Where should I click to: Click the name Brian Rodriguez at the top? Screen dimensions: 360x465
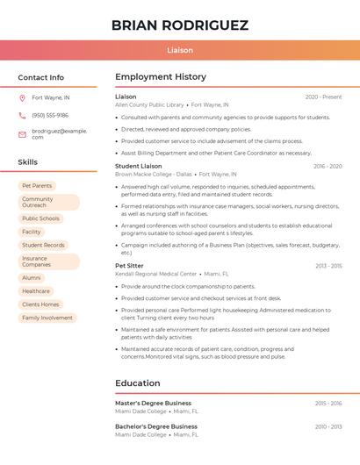180,25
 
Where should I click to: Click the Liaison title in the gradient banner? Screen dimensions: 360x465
180,51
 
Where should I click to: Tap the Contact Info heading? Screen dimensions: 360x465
41,77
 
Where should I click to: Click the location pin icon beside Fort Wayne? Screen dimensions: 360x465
23,97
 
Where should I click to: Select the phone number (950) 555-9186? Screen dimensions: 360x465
50,115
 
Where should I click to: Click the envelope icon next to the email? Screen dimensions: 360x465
23,134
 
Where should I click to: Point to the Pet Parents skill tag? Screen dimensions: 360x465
37,186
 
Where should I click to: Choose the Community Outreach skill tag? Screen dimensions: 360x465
48,203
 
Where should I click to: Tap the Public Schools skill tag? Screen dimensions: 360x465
41,218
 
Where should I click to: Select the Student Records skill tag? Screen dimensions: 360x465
44,246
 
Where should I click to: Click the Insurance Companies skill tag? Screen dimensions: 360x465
48,261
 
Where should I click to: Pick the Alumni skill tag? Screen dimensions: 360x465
32,278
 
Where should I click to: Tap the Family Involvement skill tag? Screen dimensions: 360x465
47,318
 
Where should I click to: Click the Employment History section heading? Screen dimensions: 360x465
161,77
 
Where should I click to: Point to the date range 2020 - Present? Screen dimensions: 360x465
323,97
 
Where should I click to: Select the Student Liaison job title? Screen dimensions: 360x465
139,166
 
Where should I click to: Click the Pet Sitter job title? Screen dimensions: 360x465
129,265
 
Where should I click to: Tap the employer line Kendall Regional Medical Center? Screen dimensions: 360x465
156,274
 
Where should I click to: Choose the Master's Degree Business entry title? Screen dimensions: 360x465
153,403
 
